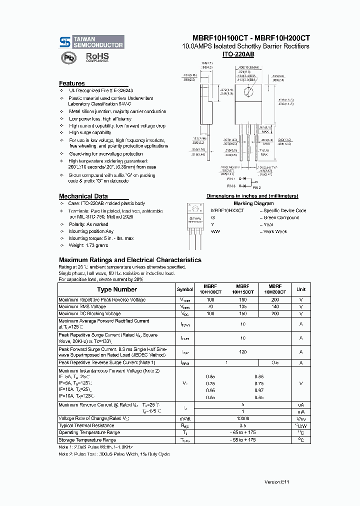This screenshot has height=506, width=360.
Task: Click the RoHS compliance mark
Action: tap(96, 57)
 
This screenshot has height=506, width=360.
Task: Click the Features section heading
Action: tap(72, 83)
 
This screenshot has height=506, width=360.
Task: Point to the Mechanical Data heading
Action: tap(83, 196)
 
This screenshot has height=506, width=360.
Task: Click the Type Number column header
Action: tap(116, 289)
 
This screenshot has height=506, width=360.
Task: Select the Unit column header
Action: tap(301, 289)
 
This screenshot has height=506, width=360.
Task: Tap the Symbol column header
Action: tap(185, 289)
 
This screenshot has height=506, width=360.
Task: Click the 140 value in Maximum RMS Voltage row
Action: tap(275, 306)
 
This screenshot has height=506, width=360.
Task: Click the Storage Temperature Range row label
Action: tap(87, 440)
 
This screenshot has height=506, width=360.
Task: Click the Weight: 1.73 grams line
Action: tap(88, 245)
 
